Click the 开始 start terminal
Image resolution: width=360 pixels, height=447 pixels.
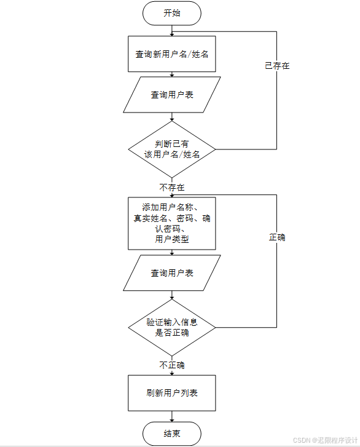pos(171,14)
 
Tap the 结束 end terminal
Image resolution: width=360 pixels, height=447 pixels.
pos(171,433)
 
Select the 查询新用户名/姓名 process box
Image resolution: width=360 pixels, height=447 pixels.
pos(171,54)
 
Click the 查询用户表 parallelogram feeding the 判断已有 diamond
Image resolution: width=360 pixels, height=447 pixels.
pos(171,95)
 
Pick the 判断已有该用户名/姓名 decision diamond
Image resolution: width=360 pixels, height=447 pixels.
pos(171,149)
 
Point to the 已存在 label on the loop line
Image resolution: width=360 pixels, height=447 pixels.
pos(277,65)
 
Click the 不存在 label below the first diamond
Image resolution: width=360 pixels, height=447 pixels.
pos(172,187)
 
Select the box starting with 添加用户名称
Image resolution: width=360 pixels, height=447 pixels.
pos(171,223)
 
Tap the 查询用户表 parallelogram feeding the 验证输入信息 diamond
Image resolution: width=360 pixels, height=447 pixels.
pos(171,273)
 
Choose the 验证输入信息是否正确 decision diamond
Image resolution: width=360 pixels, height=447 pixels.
pos(171,327)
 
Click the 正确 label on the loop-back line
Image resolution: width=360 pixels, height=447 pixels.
pos(277,237)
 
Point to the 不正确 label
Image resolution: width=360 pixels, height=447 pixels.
pos(172,365)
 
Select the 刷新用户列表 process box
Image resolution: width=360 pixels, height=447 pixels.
pos(171,393)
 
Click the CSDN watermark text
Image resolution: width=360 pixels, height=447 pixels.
pos(325,440)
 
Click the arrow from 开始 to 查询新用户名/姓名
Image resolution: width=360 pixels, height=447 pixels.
pos(172,30)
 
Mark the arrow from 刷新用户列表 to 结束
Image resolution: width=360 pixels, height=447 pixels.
pos(172,416)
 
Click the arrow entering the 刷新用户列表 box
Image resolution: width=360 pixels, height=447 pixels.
pos(172,371)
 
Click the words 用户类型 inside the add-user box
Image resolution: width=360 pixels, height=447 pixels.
pos(171,240)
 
